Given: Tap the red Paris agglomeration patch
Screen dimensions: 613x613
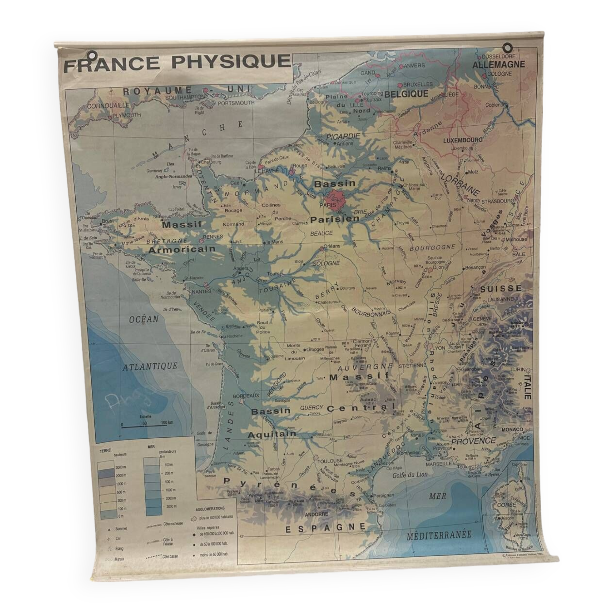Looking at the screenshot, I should [333, 199].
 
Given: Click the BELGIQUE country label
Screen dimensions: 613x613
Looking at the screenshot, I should [406, 94].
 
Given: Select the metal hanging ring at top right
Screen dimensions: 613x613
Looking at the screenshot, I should [508, 48].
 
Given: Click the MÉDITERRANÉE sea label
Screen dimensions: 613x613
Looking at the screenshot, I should [439, 535].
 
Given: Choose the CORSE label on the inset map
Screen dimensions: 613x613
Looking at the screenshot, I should [506, 504].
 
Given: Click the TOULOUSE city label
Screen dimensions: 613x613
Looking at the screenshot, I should [330, 460].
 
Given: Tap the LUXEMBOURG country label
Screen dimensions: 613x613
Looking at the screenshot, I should [463, 140].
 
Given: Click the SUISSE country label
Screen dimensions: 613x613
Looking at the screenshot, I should [501, 288].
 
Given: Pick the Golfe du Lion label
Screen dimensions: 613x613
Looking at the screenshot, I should [410, 475].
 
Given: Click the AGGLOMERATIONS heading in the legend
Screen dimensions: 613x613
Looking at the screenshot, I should [210, 508].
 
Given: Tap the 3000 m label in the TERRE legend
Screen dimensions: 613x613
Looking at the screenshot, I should [121, 467].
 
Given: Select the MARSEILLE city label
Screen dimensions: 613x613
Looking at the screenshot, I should [439, 463].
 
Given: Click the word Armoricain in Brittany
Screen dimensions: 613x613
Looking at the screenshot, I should [181, 249].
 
